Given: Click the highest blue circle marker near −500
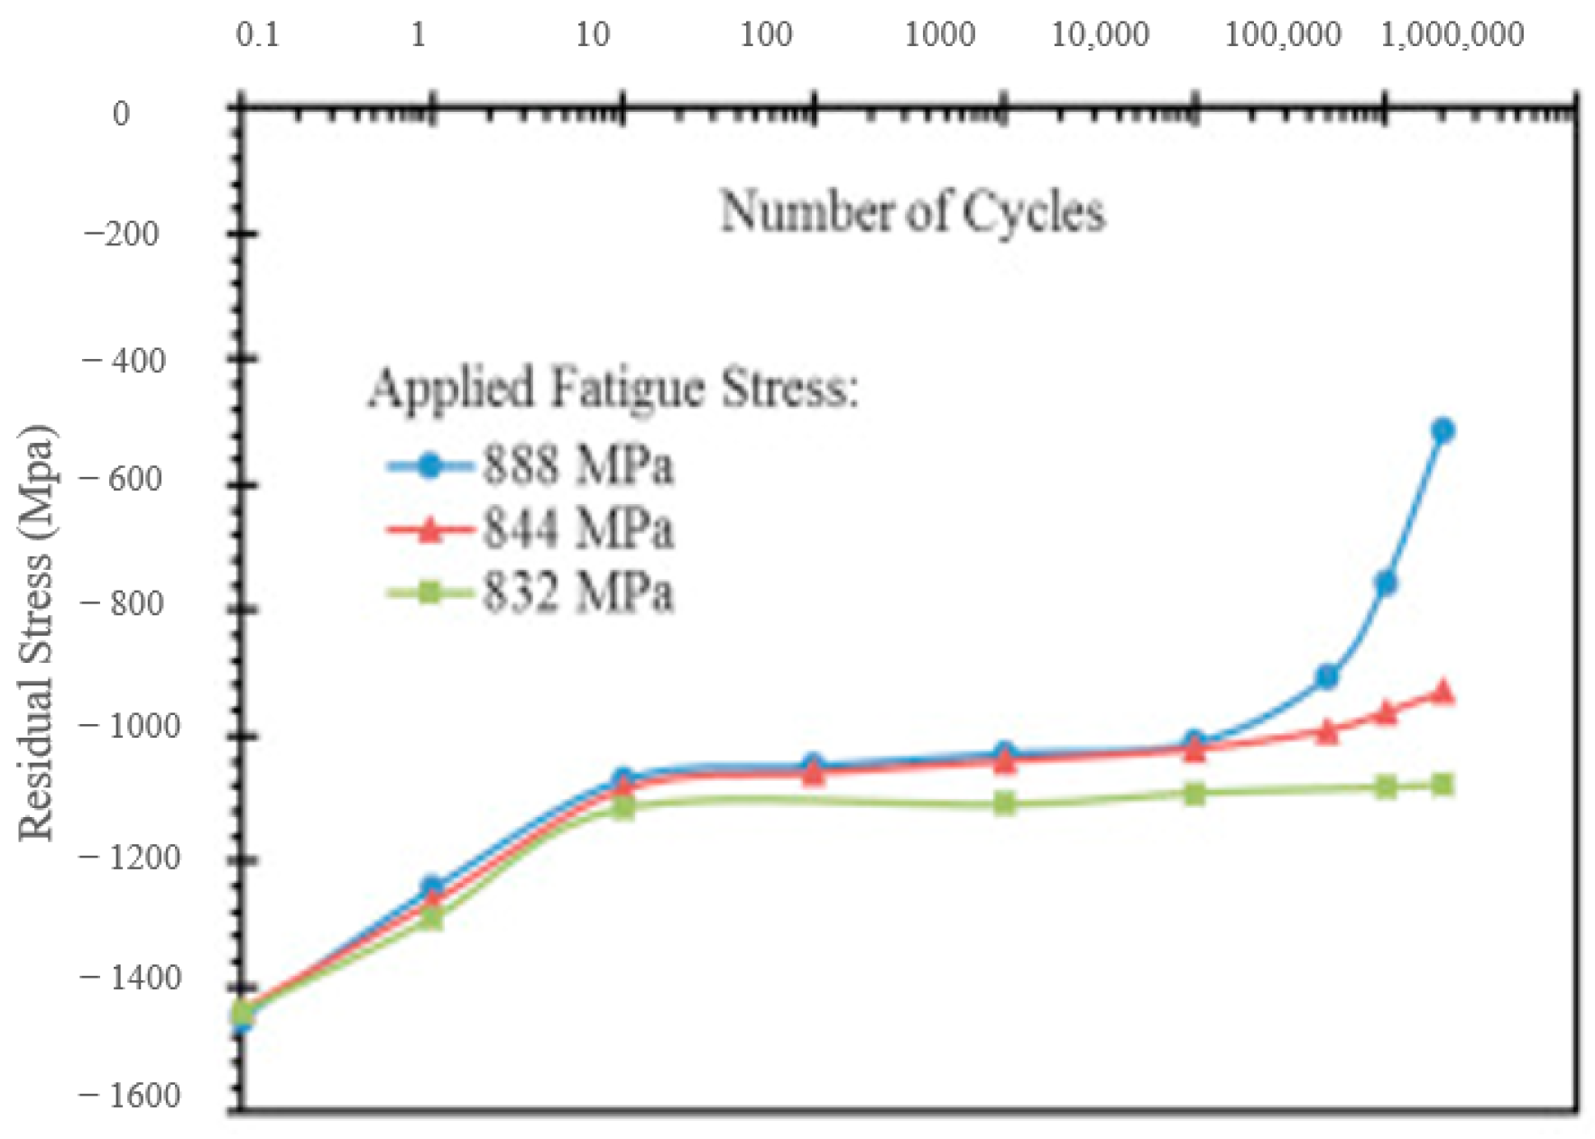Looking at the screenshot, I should tap(1442, 430).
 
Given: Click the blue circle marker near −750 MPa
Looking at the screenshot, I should tap(1386, 583).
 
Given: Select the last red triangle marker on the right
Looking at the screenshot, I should tap(1443, 693).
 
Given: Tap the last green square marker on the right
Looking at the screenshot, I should tap(1442, 785).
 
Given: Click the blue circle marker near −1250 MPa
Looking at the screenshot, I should tap(431, 887).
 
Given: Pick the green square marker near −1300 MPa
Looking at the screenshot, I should tap(432, 919).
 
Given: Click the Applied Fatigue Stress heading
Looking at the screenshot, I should tap(613, 389).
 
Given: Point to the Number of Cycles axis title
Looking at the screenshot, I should tap(912, 213).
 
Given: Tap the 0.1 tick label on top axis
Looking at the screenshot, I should tap(258, 35).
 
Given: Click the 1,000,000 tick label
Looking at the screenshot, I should tap(1452, 35).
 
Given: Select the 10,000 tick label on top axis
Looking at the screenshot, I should tap(1100, 35).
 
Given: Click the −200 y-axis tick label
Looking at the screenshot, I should tap(122, 234).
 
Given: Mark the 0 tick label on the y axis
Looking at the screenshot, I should tap(121, 115).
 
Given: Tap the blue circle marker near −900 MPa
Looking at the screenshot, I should tap(1326, 676).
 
